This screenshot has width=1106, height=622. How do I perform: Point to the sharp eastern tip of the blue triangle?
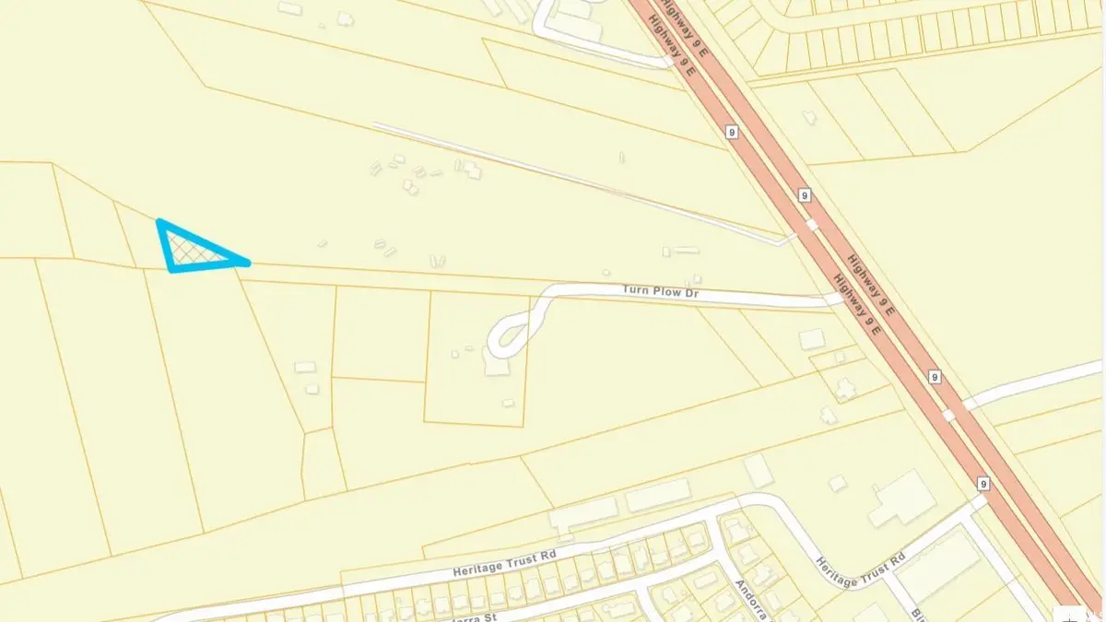point(247,264)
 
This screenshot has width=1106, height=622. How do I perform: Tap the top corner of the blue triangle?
point(161,223)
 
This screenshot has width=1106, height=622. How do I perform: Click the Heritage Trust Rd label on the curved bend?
point(860,561)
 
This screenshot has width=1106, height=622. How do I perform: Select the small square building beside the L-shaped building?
point(837,483)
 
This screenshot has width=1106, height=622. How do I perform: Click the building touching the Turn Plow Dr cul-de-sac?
point(496,366)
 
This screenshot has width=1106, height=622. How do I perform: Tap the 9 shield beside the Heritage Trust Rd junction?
point(983,484)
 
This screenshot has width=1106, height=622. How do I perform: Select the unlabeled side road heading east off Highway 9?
point(1032,382)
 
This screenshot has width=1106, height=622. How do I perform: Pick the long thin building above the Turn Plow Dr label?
point(684,250)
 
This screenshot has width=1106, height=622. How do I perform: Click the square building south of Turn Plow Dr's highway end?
point(811,340)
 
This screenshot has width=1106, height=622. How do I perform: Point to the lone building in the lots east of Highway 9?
point(809,117)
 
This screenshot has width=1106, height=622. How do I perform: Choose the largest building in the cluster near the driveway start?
point(472,170)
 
